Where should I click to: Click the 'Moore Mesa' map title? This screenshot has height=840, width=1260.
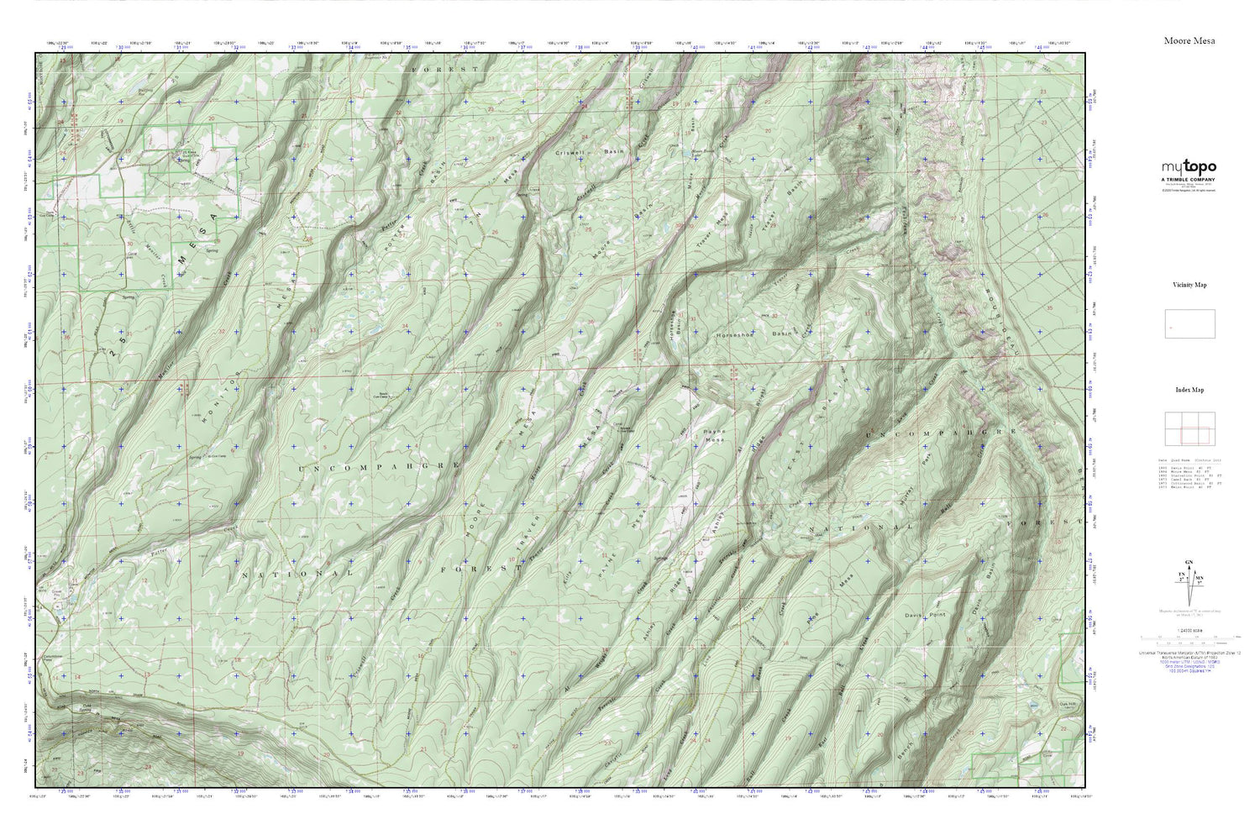[1189, 40]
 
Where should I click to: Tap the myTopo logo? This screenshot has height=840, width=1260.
[1189, 167]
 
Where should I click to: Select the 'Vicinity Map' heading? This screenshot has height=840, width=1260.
[1189, 285]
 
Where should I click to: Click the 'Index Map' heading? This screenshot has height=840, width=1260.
[1189, 390]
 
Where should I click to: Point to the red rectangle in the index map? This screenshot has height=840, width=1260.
[1194, 435]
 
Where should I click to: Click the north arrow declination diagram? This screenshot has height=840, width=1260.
[1188, 580]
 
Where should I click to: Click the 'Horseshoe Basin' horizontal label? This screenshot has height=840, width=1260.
[753, 333]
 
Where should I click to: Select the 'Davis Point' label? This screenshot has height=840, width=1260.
[925, 615]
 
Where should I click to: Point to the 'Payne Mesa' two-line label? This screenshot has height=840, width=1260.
[713, 435]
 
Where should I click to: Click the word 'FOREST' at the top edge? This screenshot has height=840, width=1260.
[444, 68]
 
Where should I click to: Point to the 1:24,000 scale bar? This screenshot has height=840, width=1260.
[1188, 639]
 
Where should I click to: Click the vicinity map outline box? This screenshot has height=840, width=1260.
[1189, 324]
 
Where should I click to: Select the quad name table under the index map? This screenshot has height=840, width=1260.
[1189, 474]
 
